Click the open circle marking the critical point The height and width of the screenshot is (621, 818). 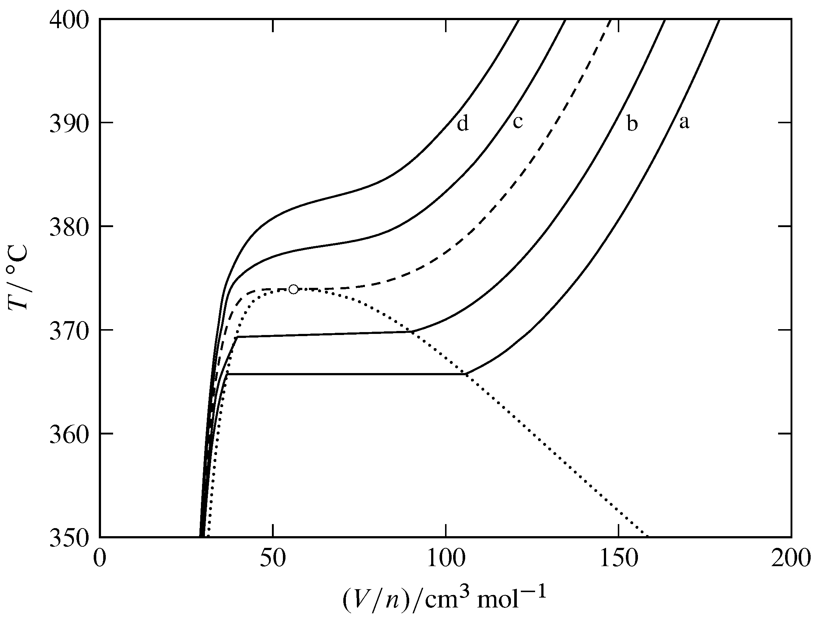(x=293, y=289)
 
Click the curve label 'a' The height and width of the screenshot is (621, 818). (x=684, y=123)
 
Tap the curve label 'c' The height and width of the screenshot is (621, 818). (x=518, y=122)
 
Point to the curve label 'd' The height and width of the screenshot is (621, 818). (x=463, y=123)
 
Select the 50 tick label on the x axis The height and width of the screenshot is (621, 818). (x=273, y=559)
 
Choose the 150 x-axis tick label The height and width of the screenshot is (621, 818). (x=618, y=559)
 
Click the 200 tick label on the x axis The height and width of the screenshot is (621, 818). (x=791, y=559)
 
